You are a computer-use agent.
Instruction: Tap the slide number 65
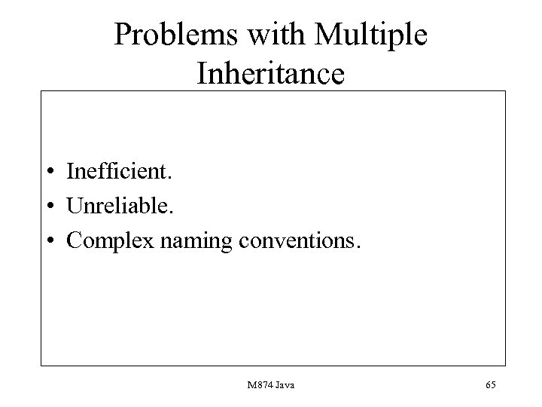pos(491,385)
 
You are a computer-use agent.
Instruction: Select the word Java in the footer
pos(285,385)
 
